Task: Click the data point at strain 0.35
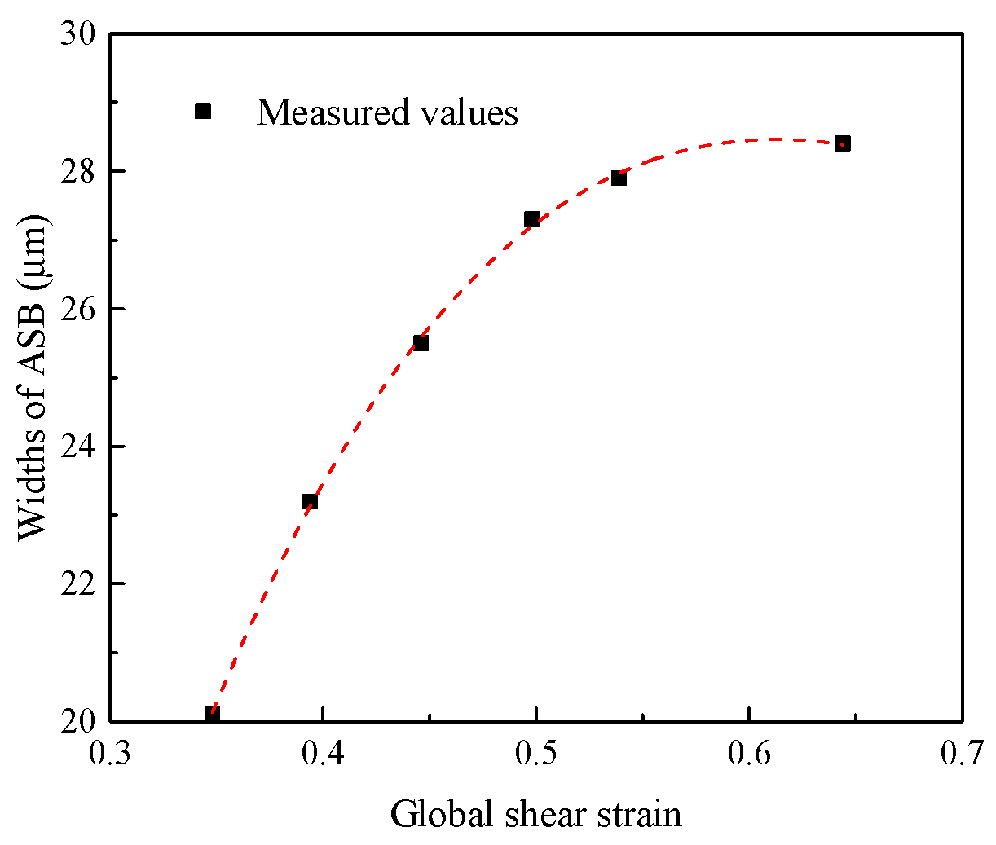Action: (x=212, y=715)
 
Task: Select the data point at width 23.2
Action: (x=310, y=501)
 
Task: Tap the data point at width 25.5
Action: (x=421, y=343)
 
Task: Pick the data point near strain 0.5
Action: (x=531, y=219)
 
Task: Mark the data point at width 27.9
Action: (x=619, y=178)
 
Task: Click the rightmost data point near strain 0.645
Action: (x=843, y=143)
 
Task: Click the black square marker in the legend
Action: (x=203, y=112)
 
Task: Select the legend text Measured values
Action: (x=387, y=112)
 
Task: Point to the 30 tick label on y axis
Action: (x=78, y=35)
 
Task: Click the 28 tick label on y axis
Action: (x=78, y=172)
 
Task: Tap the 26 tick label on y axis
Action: (x=78, y=310)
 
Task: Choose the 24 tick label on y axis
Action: (x=78, y=447)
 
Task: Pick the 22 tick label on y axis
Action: (x=78, y=584)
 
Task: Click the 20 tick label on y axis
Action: (x=78, y=721)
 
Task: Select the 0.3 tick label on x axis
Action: (x=111, y=755)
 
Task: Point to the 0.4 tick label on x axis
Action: (x=324, y=755)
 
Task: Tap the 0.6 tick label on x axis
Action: (x=749, y=755)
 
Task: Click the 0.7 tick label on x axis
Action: (x=962, y=755)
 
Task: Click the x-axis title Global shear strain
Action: (x=535, y=814)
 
